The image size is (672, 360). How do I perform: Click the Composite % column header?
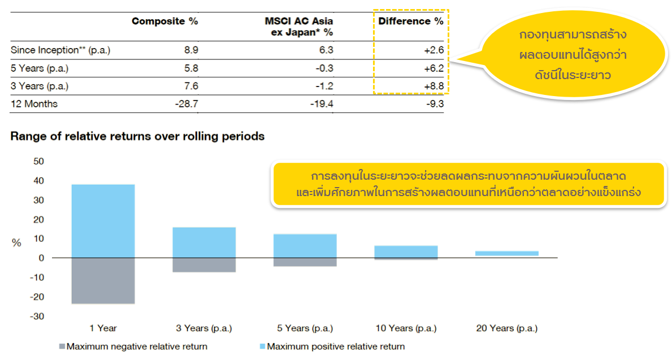[x=164, y=21]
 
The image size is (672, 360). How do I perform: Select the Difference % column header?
[x=410, y=21]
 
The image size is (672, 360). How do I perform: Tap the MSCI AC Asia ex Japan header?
[x=298, y=27]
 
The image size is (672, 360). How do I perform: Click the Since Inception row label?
[x=60, y=50]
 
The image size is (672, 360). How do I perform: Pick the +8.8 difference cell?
[x=433, y=86]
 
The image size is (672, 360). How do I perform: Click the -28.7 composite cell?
[x=187, y=104]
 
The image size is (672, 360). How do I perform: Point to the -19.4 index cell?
[x=322, y=104]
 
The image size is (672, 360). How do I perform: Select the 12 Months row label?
[x=34, y=104]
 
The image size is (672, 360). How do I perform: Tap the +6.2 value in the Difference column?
[x=433, y=68]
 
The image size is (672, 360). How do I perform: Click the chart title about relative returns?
[x=137, y=136]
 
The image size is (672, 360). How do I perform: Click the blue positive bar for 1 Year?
[x=103, y=221]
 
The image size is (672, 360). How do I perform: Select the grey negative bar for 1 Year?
[x=103, y=280]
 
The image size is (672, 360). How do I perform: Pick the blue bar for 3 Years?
[x=204, y=242]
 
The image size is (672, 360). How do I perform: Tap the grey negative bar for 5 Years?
[x=305, y=262]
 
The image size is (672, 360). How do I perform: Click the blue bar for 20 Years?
[x=506, y=253]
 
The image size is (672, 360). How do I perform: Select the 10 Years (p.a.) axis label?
[x=406, y=328]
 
